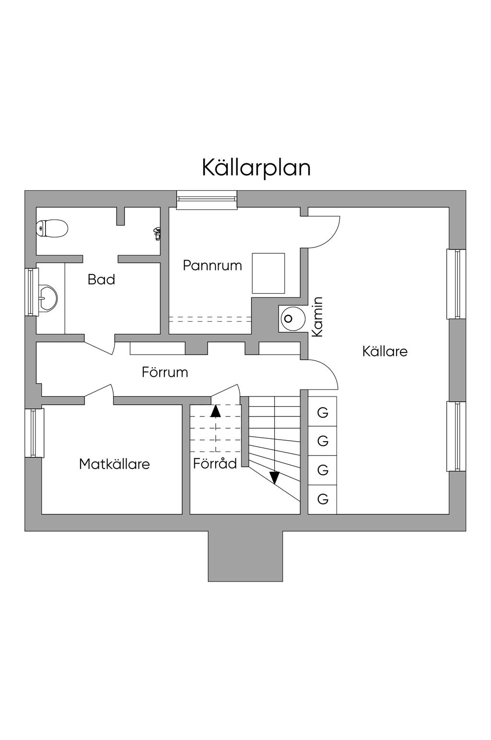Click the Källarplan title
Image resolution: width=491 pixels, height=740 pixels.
[256, 168]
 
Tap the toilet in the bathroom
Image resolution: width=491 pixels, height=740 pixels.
[52, 228]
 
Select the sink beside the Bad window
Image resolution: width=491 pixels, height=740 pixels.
[47, 298]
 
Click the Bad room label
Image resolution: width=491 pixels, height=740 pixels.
[101, 279]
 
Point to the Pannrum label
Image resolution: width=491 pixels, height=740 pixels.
[212, 265]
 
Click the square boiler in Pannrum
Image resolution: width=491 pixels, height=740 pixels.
[268, 273]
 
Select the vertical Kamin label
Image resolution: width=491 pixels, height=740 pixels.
[317, 317]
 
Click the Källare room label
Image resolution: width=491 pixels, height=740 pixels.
[385, 351]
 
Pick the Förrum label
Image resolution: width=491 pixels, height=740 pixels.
[164, 372]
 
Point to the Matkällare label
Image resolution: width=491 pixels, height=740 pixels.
[114, 464]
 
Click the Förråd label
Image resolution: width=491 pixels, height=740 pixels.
[215, 463]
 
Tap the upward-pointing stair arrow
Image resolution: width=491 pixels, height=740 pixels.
[215, 410]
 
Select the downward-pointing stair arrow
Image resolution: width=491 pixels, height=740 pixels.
[274, 478]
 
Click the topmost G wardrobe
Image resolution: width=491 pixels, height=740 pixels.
[323, 412]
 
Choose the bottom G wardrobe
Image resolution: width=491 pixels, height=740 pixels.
[323, 499]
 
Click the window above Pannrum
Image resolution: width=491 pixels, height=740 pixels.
[207, 200]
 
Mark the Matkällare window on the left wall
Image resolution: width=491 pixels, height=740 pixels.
[34, 433]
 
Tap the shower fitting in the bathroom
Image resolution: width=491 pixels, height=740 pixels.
[156, 233]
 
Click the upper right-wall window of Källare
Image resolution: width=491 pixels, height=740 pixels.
[456, 284]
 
